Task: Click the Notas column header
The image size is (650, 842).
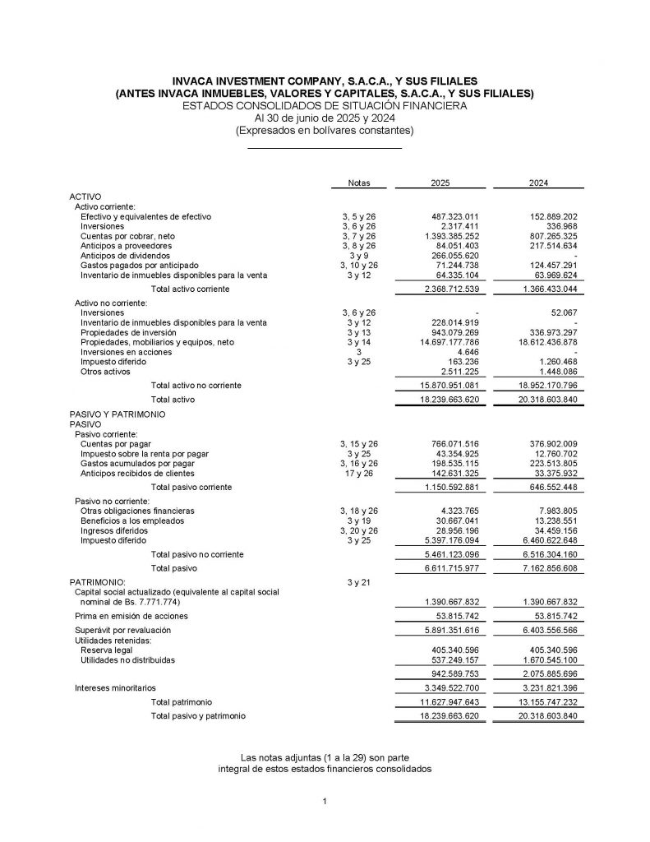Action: point(359,183)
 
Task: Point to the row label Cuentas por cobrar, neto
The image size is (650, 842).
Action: point(127,236)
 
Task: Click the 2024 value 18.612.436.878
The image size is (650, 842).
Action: point(537,341)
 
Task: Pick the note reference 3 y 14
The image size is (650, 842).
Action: point(359,341)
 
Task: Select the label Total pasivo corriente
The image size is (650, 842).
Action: point(191,488)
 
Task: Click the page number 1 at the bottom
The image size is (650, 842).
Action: point(325,802)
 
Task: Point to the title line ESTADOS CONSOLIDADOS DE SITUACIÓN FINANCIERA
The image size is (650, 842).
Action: point(325,106)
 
